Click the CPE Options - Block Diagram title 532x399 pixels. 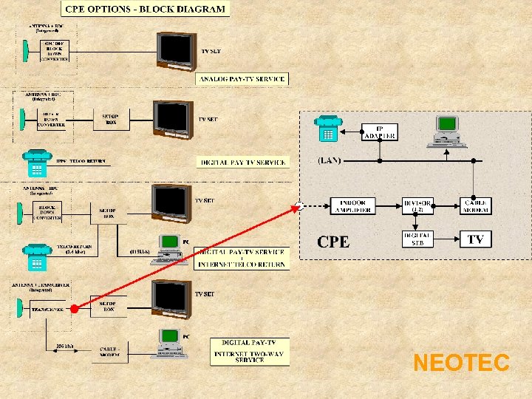(x=146, y=10)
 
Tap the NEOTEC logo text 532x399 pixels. (x=461, y=363)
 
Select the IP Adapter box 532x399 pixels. (x=380, y=132)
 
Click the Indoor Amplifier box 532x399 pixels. (x=353, y=206)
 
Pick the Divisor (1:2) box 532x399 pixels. (x=417, y=206)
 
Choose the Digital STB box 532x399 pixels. (x=417, y=239)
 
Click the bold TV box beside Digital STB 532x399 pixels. (x=475, y=239)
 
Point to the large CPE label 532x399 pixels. (x=333, y=241)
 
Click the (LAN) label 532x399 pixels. (x=330, y=160)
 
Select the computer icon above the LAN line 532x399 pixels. (x=447, y=130)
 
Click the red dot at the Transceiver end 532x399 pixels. (x=74, y=309)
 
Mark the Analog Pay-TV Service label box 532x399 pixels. (x=242, y=78)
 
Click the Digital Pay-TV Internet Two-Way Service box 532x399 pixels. (x=249, y=352)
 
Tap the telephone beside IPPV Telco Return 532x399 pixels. (x=34, y=163)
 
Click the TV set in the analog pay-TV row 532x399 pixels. (x=176, y=51)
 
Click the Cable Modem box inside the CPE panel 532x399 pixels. (x=475, y=206)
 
